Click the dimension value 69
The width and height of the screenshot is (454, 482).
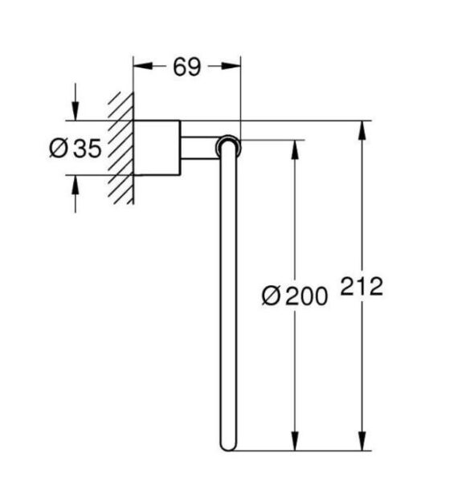(x=186, y=67)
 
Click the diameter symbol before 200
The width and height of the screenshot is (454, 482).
(x=271, y=296)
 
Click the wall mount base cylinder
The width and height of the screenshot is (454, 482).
(x=156, y=148)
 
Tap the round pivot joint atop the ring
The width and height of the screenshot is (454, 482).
(x=227, y=145)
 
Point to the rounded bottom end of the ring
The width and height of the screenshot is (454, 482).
(x=227, y=446)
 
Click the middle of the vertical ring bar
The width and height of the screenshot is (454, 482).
(x=227, y=297)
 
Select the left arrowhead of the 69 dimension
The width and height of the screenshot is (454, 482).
(x=138, y=67)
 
